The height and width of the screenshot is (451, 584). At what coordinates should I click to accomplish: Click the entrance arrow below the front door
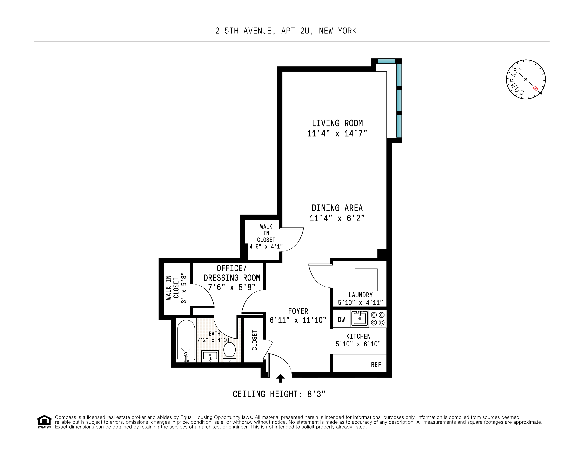280,379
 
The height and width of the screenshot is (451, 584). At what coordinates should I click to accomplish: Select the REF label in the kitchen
376,365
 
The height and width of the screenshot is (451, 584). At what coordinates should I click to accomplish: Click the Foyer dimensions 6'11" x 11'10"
298,320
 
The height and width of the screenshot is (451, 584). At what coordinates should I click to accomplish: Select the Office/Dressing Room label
231,273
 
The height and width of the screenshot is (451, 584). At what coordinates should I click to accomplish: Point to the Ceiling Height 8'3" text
279,394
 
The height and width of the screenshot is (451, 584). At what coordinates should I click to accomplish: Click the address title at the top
286,31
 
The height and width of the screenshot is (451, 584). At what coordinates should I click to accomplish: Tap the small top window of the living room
386,61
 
